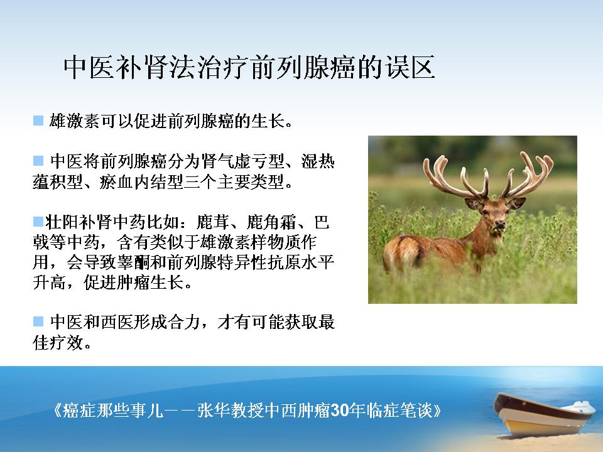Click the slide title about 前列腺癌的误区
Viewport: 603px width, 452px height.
point(249,67)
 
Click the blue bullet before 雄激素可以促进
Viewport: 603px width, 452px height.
point(38,121)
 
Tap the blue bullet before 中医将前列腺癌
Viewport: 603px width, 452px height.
point(38,160)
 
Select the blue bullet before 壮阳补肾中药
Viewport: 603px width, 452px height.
point(38,222)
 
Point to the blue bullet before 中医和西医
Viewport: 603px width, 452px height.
point(38,321)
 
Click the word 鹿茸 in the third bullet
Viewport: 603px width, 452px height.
point(213,222)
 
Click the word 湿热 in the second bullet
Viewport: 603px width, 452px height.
point(318,161)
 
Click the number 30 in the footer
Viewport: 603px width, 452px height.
point(340,411)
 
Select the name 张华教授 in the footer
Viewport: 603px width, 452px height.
point(231,411)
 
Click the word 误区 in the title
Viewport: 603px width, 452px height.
point(410,67)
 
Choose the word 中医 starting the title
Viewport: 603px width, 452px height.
point(89,67)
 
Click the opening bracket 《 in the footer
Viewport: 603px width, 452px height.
point(57,411)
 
